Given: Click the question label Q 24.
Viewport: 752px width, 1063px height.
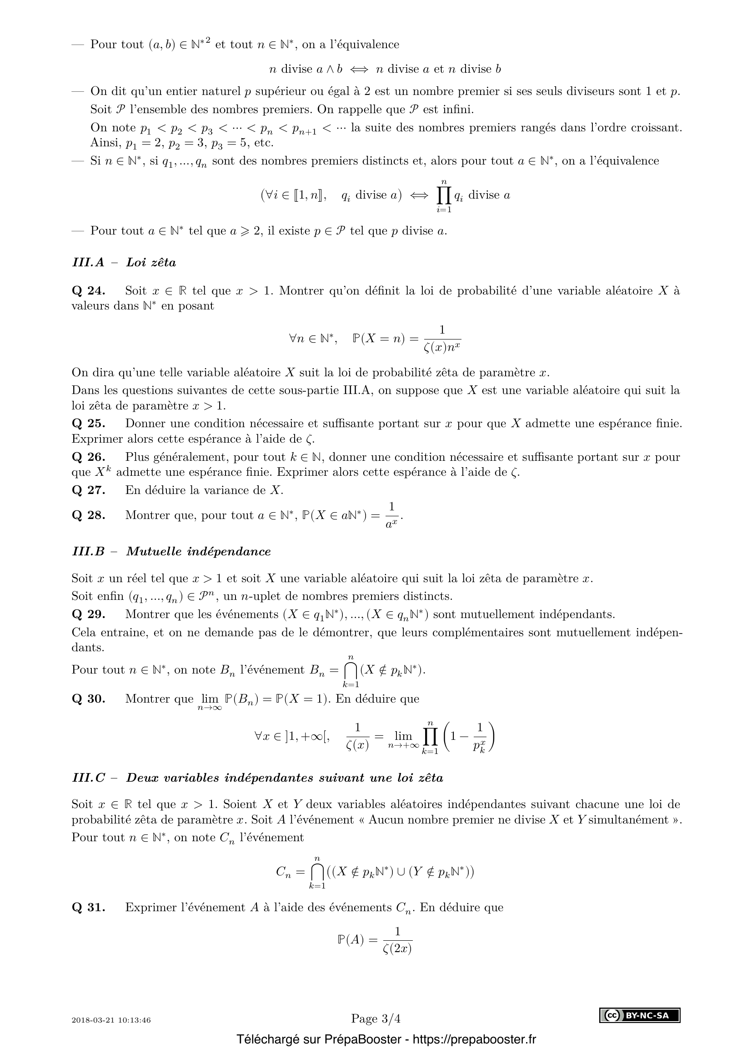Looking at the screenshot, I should tap(89, 291).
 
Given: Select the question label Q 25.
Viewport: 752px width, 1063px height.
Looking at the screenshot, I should tap(89, 423).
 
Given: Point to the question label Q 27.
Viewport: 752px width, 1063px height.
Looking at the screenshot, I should tap(89, 490).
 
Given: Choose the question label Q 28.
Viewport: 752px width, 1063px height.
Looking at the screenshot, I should tap(89, 515).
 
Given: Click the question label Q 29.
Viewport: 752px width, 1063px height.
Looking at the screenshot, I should tap(89, 614).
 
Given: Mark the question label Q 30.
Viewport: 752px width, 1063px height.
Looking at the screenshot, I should tap(89, 699).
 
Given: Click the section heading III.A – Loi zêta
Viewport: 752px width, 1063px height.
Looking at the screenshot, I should tap(124, 263).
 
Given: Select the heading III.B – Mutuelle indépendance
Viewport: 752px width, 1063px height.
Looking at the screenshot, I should tap(171, 551).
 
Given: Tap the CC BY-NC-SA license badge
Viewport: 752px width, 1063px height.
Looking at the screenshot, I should tap(640, 1016).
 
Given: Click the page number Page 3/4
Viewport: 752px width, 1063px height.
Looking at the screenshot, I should tap(376, 1018).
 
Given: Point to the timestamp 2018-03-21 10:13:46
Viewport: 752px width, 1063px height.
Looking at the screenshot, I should tap(111, 1020).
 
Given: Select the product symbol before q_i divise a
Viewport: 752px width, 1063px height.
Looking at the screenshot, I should tap(443, 196).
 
